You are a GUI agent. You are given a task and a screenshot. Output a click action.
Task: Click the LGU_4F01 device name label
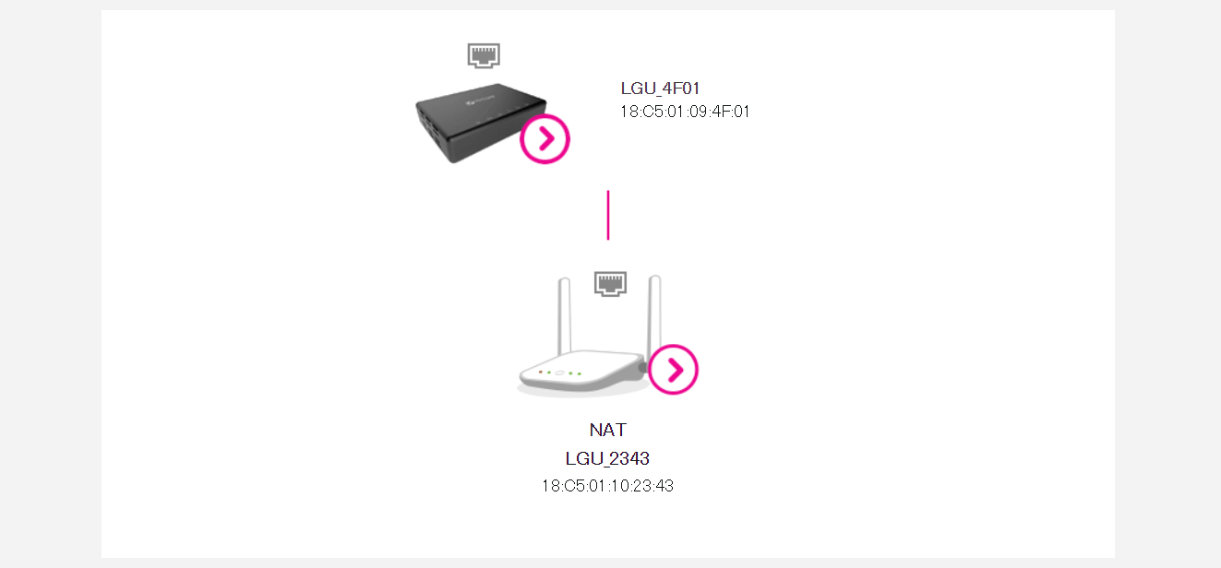(x=660, y=89)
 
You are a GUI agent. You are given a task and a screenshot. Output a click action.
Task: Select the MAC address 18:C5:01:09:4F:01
(x=685, y=112)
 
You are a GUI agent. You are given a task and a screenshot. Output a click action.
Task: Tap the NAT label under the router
(x=608, y=430)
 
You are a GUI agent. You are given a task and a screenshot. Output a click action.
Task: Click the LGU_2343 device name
(x=607, y=458)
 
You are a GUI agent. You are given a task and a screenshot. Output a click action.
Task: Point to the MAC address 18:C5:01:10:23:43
(x=607, y=486)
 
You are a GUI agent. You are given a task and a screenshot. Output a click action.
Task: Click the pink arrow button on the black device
(x=545, y=139)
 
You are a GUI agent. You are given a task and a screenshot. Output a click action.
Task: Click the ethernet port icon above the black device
(x=484, y=55)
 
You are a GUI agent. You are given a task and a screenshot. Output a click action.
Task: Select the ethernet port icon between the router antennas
(x=610, y=284)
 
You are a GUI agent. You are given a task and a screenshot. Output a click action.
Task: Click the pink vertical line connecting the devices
(x=608, y=215)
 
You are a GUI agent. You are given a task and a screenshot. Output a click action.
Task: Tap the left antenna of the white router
(x=564, y=316)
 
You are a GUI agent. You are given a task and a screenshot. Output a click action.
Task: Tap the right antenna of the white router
(x=653, y=316)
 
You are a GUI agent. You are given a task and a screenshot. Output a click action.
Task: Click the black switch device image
(x=481, y=123)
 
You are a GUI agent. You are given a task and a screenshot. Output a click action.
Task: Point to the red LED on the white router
(x=540, y=372)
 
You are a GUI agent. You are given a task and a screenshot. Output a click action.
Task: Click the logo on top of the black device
(x=481, y=99)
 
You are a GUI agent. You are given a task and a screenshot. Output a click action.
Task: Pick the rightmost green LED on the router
(x=580, y=374)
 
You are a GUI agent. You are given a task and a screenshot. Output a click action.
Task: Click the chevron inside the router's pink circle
(x=676, y=370)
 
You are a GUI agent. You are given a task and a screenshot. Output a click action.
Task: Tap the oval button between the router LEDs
(x=559, y=373)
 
